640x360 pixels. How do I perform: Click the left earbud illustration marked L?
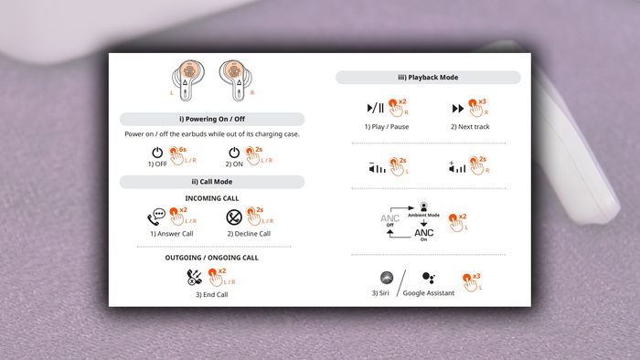pyautogui.click(x=188, y=80)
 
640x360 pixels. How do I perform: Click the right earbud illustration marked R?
pyautogui.click(x=236, y=80)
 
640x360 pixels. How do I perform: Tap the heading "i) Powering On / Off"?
pyautogui.click(x=212, y=119)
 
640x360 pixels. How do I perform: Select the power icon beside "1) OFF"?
pyautogui.click(x=157, y=153)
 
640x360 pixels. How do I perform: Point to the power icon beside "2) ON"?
pyautogui.click(x=234, y=153)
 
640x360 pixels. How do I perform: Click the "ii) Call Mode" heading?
pyautogui.click(x=212, y=182)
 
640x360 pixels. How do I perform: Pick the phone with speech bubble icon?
pyautogui.click(x=156, y=217)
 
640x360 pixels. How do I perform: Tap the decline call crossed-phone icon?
pyautogui.click(x=234, y=217)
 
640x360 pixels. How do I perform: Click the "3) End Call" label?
pyautogui.click(x=211, y=294)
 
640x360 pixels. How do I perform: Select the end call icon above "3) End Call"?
pyautogui.click(x=194, y=277)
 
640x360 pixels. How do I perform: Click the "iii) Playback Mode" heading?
pyautogui.click(x=428, y=78)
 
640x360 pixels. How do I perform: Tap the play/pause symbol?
pyautogui.click(x=376, y=108)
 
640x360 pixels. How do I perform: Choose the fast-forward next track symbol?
pyautogui.click(x=458, y=109)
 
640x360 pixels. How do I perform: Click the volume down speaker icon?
pyautogui.click(x=377, y=167)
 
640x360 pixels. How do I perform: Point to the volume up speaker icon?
pyautogui.click(x=457, y=166)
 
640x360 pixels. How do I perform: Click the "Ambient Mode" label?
pyautogui.click(x=423, y=215)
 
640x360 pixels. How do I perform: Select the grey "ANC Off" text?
pyautogui.click(x=389, y=220)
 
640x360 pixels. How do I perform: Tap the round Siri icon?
pyautogui.click(x=387, y=278)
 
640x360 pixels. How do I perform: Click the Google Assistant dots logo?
pyautogui.click(x=429, y=278)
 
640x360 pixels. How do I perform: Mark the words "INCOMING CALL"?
pyautogui.click(x=212, y=198)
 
